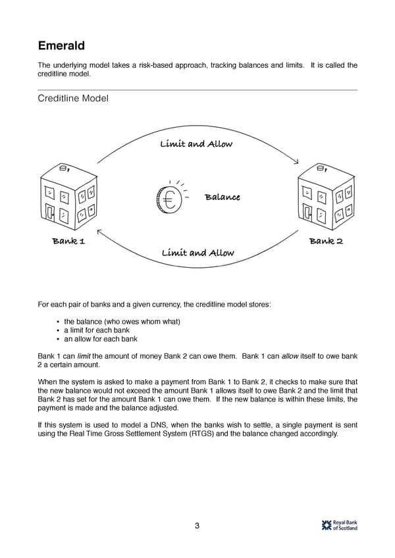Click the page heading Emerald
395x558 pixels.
pos(61,45)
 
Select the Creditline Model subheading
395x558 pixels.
pos(72,98)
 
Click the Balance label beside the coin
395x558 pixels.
pos(222,197)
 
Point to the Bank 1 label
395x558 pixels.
pos(68,241)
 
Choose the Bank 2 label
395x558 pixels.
pos(326,241)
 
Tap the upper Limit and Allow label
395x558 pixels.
pos(196,144)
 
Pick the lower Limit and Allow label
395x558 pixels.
pos(197,253)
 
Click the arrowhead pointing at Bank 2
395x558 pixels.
pos(296,163)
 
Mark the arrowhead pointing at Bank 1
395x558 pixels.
pos(99,232)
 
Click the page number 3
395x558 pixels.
pos(197,525)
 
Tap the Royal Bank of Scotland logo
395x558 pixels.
pos(340,524)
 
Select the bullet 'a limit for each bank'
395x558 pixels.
pos(97,330)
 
